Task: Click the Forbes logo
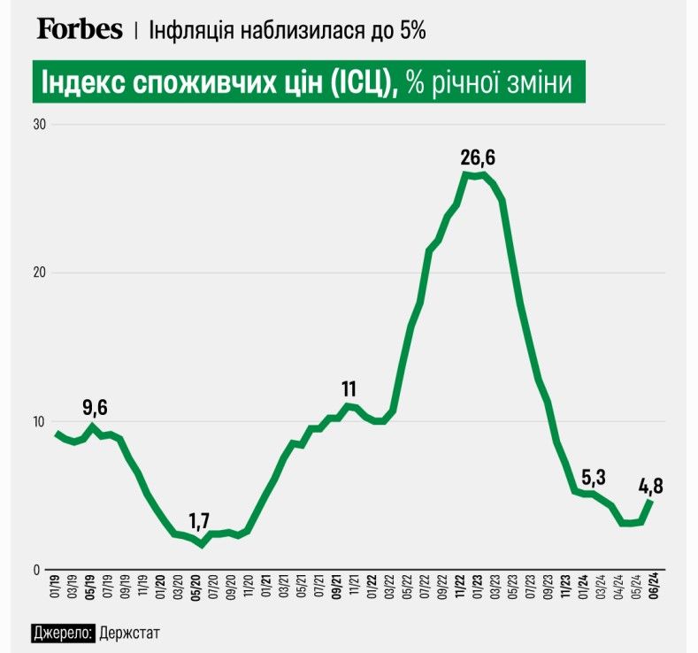pyautogui.click(x=80, y=29)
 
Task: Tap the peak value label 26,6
pyautogui.click(x=478, y=157)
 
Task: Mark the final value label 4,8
pyautogui.click(x=653, y=486)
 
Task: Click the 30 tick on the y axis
pyautogui.click(x=39, y=124)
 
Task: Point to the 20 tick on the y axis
pyautogui.click(x=39, y=273)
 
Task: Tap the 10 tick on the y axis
pyautogui.click(x=39, y=421)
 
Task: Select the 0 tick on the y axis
pyautogui.click(x=42, y=570)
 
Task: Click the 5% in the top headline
pyautogui.click(x=411, y=30)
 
